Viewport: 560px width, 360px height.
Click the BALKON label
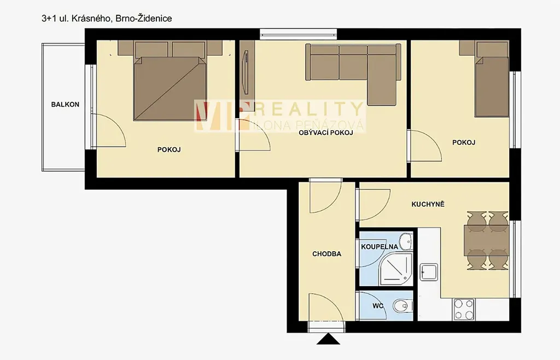[65, 104]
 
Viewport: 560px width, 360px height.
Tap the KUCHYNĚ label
[428, 204]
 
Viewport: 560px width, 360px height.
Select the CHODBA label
[327, 254]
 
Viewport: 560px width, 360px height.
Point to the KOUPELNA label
[380, 247]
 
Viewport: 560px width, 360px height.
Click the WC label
[378, 306]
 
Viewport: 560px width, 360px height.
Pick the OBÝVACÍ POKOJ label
[326, 133]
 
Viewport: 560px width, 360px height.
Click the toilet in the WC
[402, 306]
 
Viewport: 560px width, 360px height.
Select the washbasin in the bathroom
[406, 241]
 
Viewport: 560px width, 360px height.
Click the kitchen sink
[429, 272]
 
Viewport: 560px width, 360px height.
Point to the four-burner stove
[464, 309]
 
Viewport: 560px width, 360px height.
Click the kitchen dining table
[486, 240]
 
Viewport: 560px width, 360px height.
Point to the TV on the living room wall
[246, 72]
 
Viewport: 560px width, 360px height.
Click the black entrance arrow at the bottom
[329, 339]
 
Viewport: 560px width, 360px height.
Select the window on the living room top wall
[299, 34]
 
